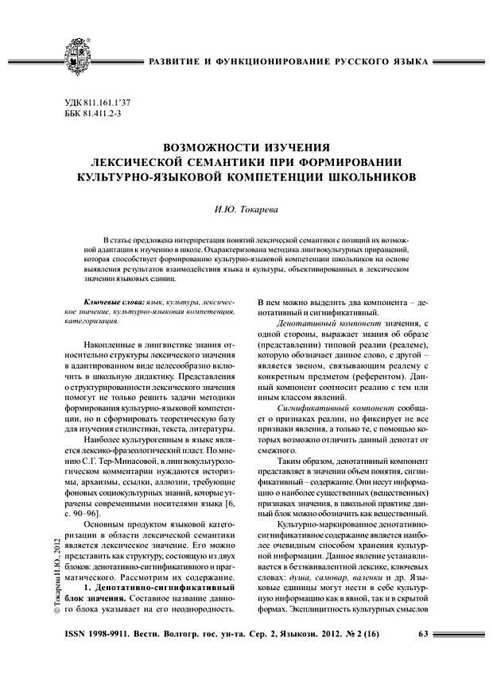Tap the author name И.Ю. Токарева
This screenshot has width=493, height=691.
coord(246,209)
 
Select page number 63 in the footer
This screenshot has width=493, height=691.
coord(423,633)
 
